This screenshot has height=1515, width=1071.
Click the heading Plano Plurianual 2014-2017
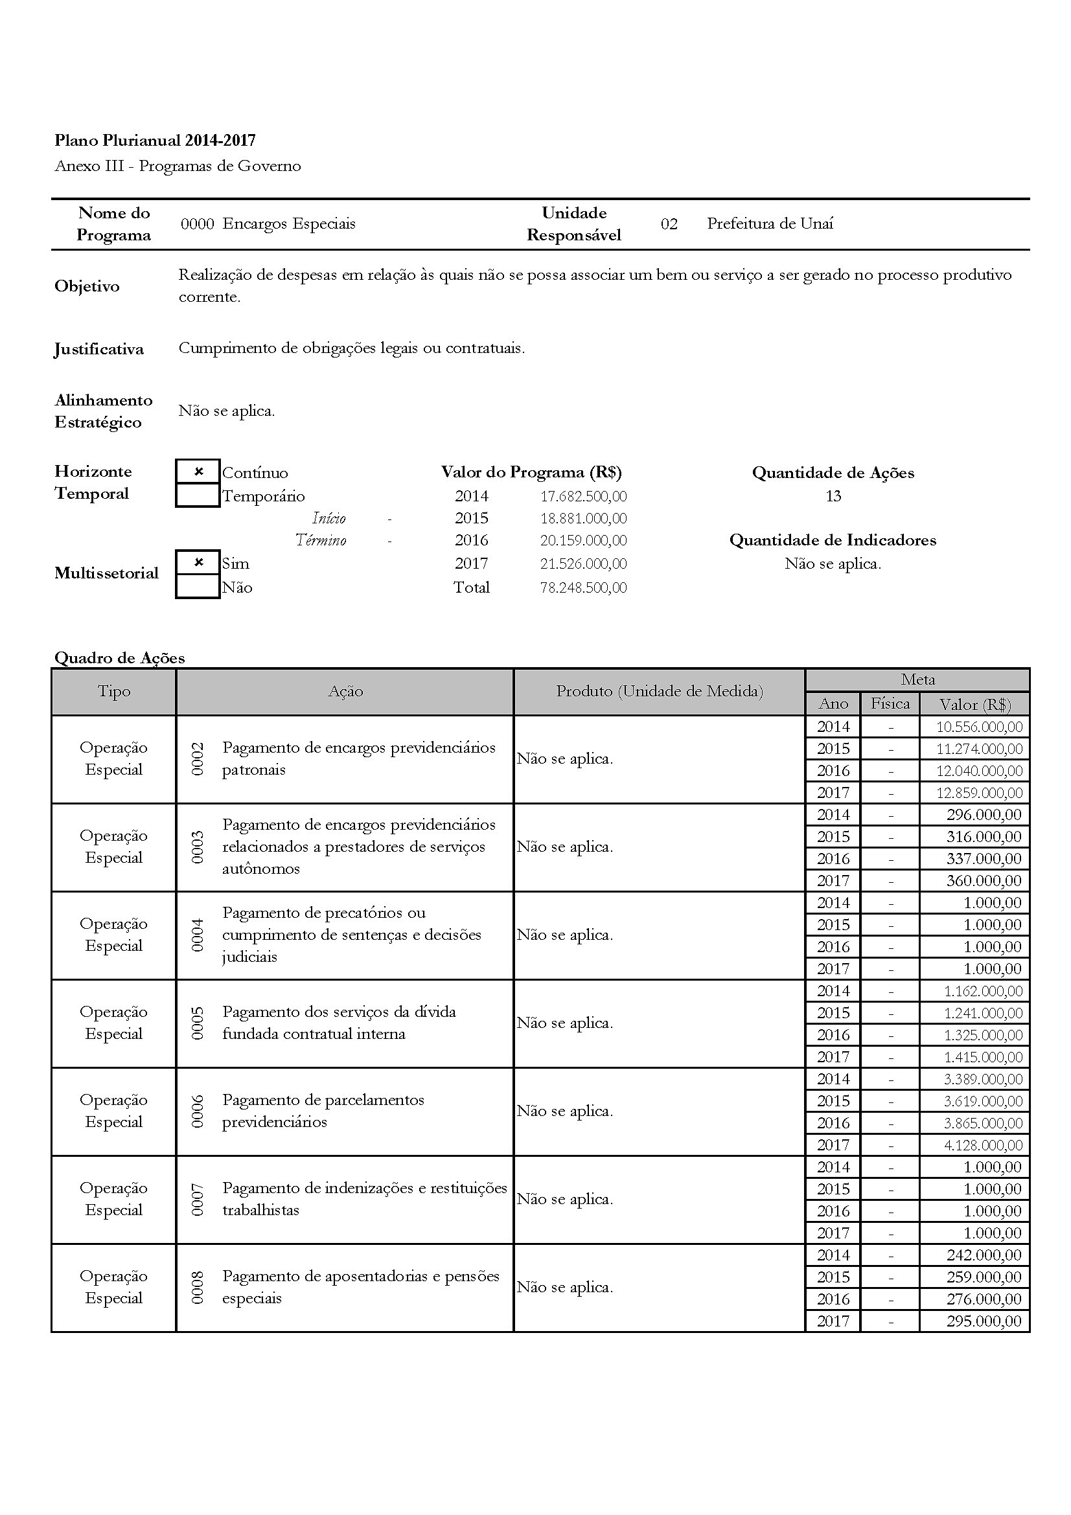(x=155, y=141)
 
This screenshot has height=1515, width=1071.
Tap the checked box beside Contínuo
(x=198, y=472)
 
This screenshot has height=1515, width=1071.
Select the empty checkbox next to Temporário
(x=198, y=496)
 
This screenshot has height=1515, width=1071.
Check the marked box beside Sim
(x=198, y=563)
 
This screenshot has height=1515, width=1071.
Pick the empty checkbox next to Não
(x=198, y=587)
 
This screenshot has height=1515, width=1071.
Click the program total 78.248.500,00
(x=583, y=587)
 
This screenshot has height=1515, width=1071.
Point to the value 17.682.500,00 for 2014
(x=583, y=496)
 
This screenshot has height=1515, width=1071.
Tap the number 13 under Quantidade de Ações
(x=833, y=496)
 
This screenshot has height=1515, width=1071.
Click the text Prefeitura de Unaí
(x=770, y=223)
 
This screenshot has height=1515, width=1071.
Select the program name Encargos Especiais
(x=288, y=223)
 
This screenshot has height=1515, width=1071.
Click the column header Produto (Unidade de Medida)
(x=659, y=692)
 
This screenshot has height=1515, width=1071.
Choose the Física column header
(x=890, y=703)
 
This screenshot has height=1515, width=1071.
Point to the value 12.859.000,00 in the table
(x=979, y=792)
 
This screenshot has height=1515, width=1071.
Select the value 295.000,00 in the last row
(x=984, y=1321)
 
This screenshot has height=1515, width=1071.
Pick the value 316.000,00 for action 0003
(x=984, y=837)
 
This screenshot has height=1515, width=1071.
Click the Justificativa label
(x=99, y=349)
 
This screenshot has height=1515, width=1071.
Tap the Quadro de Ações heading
(x=119, y=658)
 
